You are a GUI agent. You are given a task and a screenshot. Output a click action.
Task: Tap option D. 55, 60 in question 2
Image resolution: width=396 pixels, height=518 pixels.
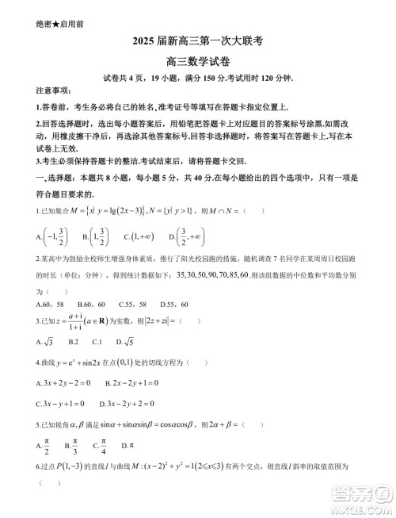point(173,304)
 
